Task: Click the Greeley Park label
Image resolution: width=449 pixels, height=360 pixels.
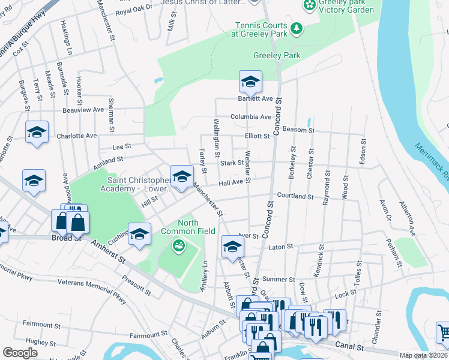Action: [277, 55]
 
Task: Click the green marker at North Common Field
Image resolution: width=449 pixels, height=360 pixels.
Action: [178, 245]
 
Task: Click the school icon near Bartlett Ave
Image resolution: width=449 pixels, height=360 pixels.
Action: [250, 81]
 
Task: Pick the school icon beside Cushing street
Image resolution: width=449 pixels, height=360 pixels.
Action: [139, 234]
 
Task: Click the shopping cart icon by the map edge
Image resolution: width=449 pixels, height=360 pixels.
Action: [444, 331]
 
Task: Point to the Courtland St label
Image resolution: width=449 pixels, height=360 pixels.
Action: [295, 196]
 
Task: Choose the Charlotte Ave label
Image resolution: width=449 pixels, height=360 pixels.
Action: [76, 136]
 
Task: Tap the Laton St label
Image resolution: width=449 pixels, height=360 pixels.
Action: [280, 246]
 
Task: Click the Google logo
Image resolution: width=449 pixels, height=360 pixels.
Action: [20, 352]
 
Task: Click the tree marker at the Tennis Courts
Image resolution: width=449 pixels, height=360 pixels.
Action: [295, 28]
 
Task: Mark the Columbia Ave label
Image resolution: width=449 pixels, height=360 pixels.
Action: [251, 117]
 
